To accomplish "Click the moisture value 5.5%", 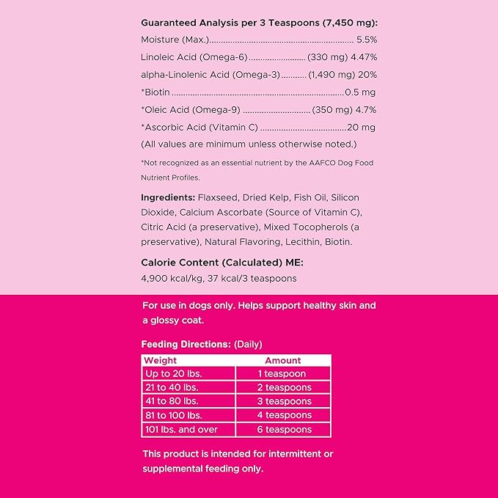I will pyautogui.click(x=366, y=39).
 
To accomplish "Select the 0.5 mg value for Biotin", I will pyautogui.click(x=360, y=92).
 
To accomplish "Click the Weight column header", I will pyautogui.click(x=160, y=360).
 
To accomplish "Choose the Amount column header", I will pyautogui.click(x=283, y=360).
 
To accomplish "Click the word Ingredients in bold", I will pyautogui.click(x=168, y=197).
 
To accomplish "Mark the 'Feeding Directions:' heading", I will pyautogui.click(x=186, y=344).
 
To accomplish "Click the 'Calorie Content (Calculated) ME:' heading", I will pyautogui.click(x=221, y=262).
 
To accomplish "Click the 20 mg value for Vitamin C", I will pyautogui.click(x=363, y=127).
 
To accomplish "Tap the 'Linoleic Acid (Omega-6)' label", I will pyautogui.click(x=194, y=56).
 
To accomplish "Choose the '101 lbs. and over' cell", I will pyautogui.click(x=180, y=430).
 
